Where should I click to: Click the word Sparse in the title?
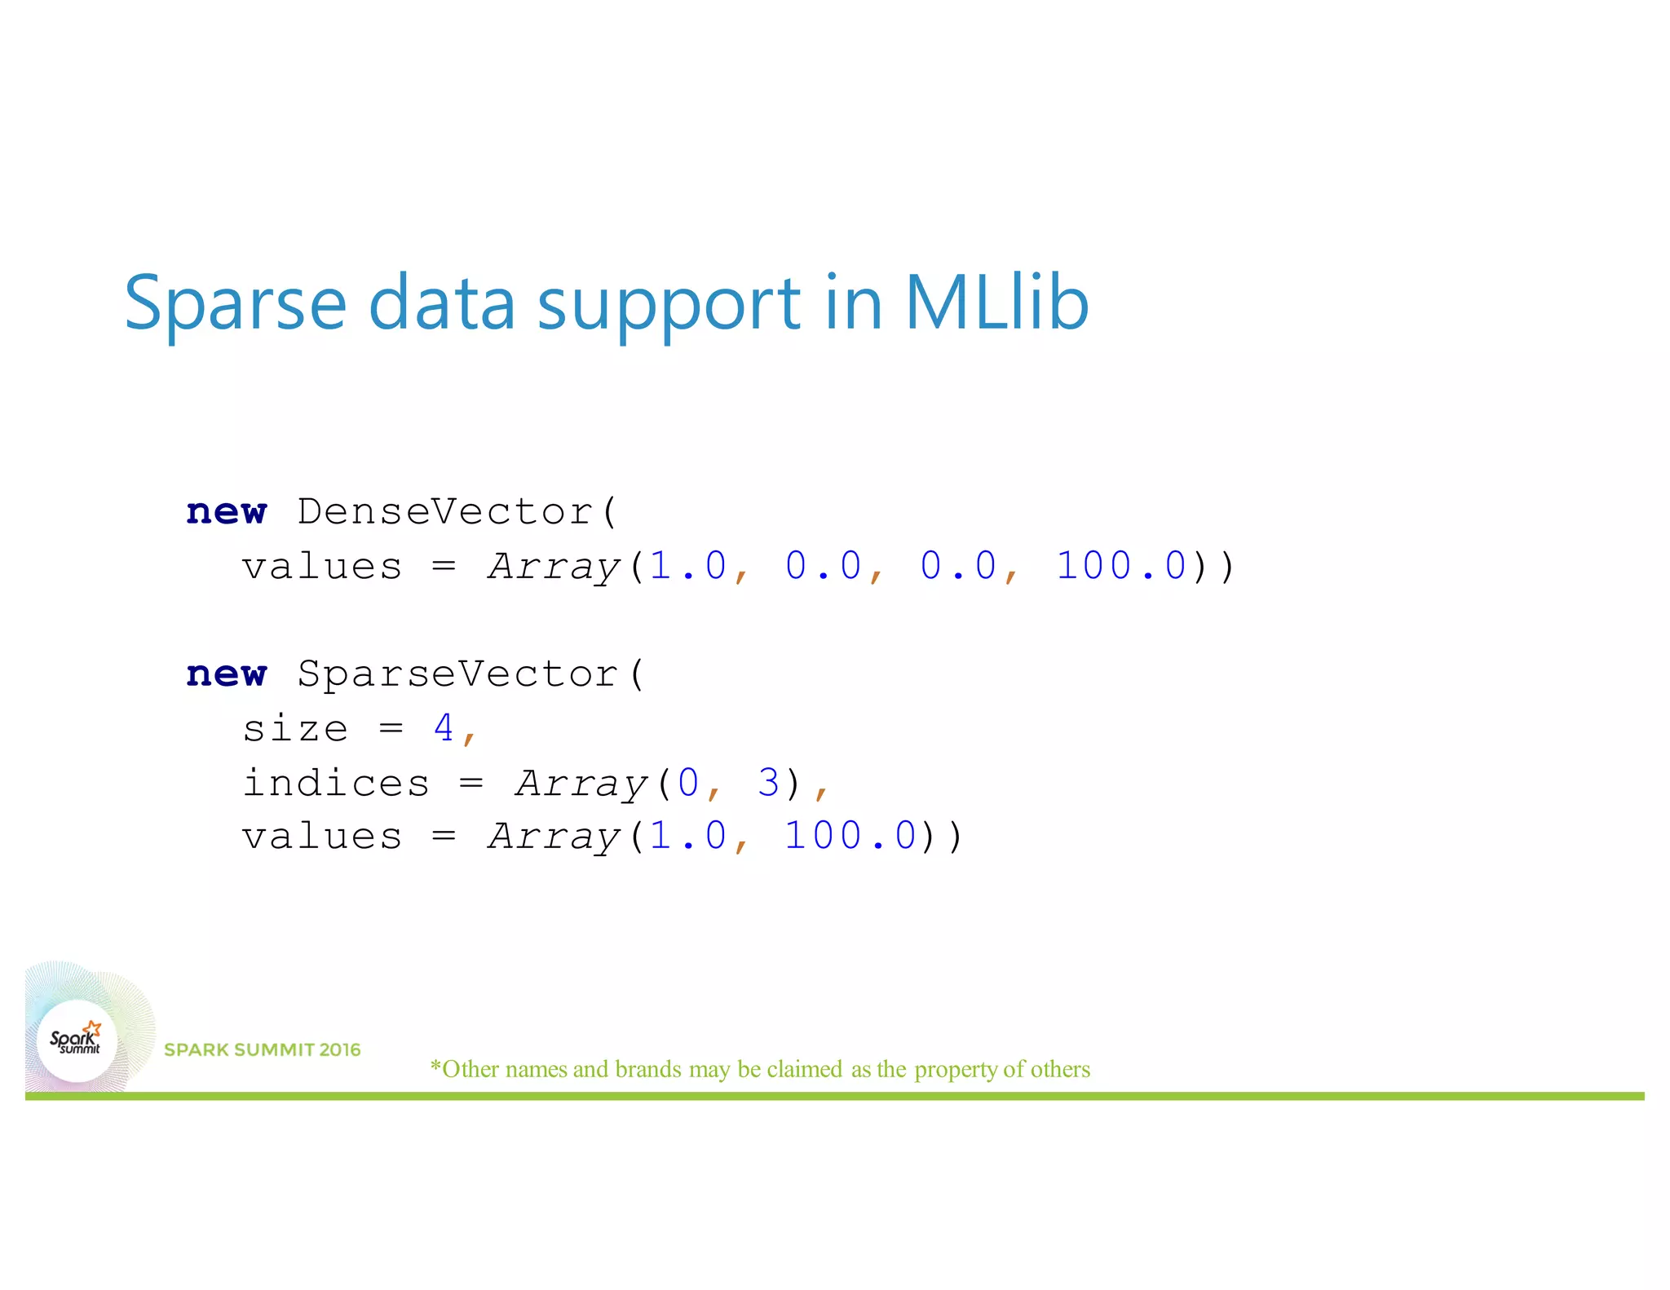[236, 304]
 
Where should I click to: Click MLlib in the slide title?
[996, 303]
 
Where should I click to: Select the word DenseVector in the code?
[445, 512]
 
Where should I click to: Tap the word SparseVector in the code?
[457, 674]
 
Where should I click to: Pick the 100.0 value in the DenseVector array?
[1121, 566]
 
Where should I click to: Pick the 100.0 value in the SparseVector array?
[850, 836]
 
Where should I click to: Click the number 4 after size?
[444, 727]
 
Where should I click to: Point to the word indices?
[336, 783]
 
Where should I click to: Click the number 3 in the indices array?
[768, 783]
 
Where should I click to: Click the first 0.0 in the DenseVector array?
[823, 566]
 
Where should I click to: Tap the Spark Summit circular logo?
[77, 1040]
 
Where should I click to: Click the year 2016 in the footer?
[340, 1050]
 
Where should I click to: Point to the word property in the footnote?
[956, 1070]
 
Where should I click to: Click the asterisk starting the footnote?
[435, 1066]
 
